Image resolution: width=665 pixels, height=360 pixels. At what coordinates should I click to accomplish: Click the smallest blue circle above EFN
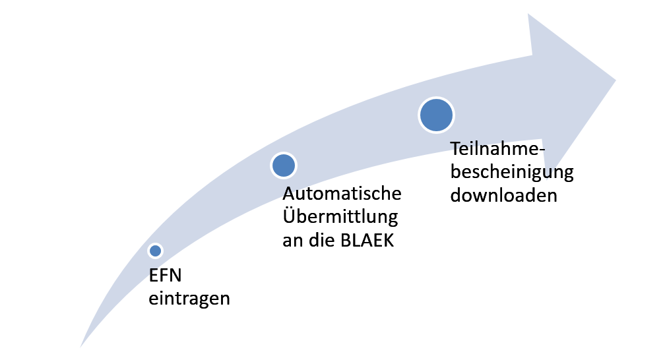156,251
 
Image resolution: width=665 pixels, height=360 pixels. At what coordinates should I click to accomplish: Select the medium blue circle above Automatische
284,165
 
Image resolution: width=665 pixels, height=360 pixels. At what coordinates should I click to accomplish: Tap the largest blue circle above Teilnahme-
437,115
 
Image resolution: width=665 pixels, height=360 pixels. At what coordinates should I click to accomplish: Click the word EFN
165,276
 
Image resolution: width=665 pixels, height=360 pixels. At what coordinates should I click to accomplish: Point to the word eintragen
189,299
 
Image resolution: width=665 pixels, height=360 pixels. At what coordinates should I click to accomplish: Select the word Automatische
342,193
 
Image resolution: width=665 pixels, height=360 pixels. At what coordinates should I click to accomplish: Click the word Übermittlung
340,216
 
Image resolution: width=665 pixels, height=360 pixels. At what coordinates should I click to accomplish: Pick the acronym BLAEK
367,241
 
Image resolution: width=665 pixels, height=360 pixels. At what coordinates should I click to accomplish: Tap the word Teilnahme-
497,149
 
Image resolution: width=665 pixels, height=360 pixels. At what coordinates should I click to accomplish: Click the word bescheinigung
512,172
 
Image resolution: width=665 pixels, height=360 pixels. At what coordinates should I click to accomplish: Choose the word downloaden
504,195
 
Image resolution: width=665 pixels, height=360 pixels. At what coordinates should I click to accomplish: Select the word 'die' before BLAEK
323,240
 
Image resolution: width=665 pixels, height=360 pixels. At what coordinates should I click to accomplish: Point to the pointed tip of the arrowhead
616,80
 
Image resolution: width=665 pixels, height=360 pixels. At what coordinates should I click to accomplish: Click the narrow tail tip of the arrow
80,347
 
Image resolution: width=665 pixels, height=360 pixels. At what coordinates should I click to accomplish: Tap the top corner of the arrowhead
528,14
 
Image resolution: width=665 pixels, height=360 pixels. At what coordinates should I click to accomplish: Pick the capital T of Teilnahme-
456,149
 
